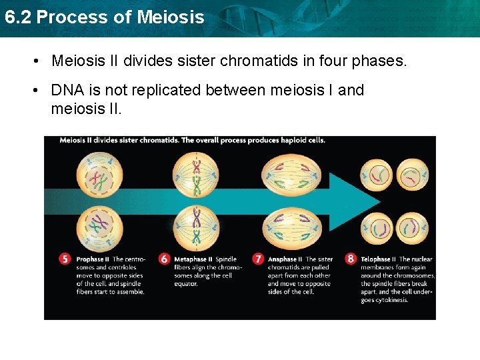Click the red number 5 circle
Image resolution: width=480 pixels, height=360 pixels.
(65, 259)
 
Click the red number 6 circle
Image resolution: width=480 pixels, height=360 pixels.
(163, 259)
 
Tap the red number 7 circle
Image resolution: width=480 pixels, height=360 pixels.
(258, 259)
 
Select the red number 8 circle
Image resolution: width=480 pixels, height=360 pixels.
(351, 259)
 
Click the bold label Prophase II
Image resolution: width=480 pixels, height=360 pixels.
(90, 259)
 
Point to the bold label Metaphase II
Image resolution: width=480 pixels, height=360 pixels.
(193, 259)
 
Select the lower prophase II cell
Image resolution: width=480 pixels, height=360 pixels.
(99, 227)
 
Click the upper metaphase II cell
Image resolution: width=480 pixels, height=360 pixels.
(196, 177)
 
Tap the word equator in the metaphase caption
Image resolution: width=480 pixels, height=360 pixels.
(187, 284)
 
